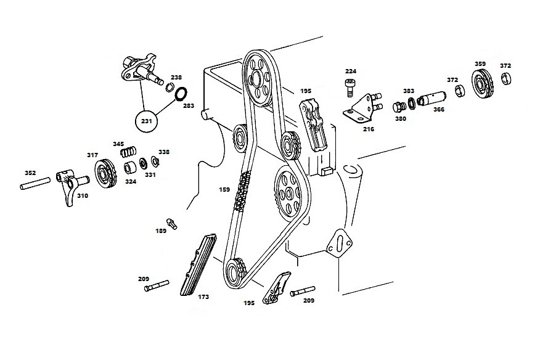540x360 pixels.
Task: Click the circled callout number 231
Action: (146, 121)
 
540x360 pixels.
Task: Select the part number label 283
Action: (189, 106)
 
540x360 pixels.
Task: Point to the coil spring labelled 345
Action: (128, 151)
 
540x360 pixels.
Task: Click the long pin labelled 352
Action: (35, 183)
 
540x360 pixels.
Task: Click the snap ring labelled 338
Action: (155, 160)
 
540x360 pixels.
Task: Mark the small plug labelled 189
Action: (172, 223)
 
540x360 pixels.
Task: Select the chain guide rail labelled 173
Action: (198, 265)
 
